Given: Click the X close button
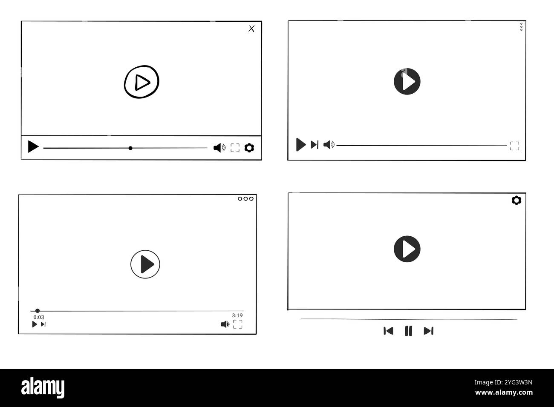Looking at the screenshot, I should click(251, 29).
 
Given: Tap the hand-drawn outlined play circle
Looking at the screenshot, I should click(141, 82).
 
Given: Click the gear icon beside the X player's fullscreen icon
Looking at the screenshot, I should click(249, 148).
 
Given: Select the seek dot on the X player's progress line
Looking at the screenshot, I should click(130, 148).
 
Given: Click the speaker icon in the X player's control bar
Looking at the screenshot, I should click(219, 148).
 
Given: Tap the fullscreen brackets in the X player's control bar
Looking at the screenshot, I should click(235, 148).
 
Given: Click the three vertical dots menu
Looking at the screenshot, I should click(521, 27).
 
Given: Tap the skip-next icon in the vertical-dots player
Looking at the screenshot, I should click(315, 145).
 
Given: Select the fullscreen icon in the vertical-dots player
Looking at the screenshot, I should click(514, 146).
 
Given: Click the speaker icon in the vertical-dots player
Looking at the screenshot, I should click(329, 145).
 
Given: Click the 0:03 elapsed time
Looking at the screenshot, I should click(39, 317).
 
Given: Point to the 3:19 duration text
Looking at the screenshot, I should click(237, 315).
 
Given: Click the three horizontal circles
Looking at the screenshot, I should click(245, 198).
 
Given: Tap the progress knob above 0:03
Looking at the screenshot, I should click(38, 311).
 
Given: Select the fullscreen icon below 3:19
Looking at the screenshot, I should click(238, 324).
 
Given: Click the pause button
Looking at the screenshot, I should click(408, 331).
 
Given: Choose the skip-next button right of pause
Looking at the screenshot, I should click(429, 331).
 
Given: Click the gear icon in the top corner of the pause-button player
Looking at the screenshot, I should click(516, 200).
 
